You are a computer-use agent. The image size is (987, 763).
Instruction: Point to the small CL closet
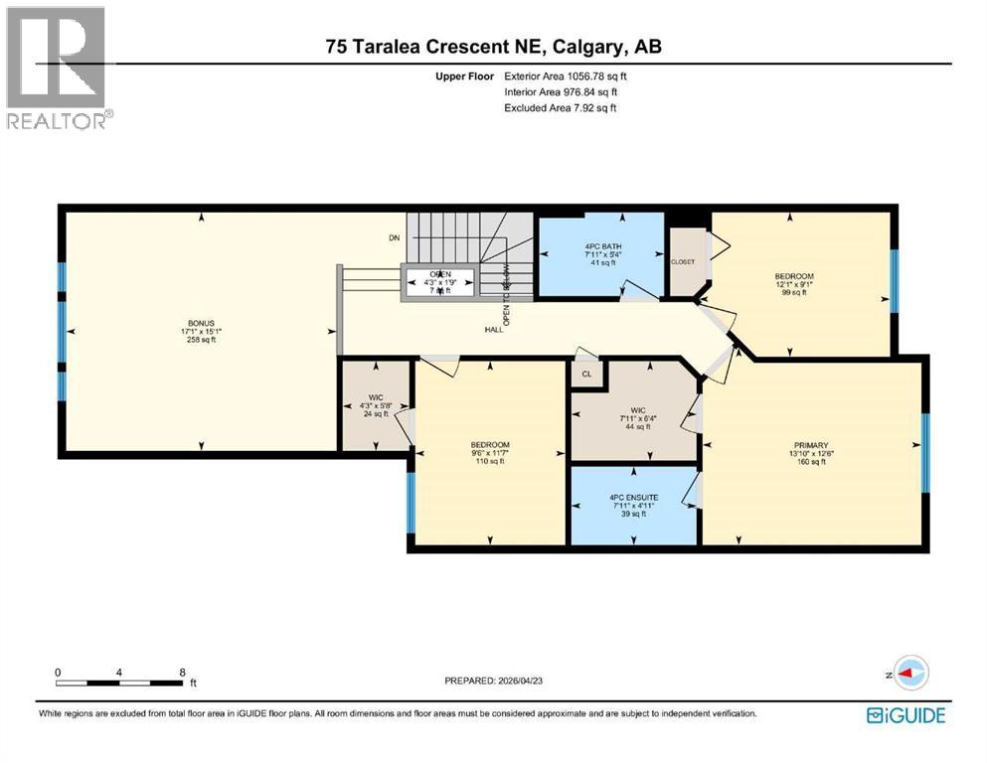tap(586, 375)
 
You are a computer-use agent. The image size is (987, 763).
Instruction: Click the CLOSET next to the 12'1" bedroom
tap(683, 261)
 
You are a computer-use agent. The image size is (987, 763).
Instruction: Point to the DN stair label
tap(394, 237)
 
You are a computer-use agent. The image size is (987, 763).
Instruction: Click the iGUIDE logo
tap(905, 715)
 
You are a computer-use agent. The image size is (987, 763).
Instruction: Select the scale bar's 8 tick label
tap(181, 673)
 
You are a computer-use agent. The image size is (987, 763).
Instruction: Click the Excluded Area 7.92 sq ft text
tap(561, 107)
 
